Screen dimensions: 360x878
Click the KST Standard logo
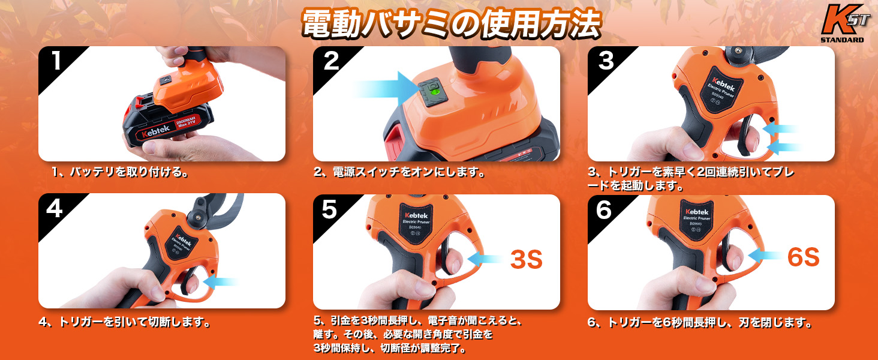coord(842,24)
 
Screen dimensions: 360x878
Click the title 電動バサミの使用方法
coord(450,23)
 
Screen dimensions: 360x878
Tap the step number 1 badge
coord(56,62)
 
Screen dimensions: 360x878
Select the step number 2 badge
coord(331,62)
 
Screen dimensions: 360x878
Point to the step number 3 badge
coord(606,62)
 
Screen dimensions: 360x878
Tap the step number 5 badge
coord(330,210)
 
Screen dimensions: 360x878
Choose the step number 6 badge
coord(604,210)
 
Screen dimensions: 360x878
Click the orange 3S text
coord(526,260)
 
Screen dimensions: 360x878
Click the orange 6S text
coord(803,257)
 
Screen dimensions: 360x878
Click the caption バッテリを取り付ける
coord(121,173)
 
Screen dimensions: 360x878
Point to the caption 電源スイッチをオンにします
coord(399,173)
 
